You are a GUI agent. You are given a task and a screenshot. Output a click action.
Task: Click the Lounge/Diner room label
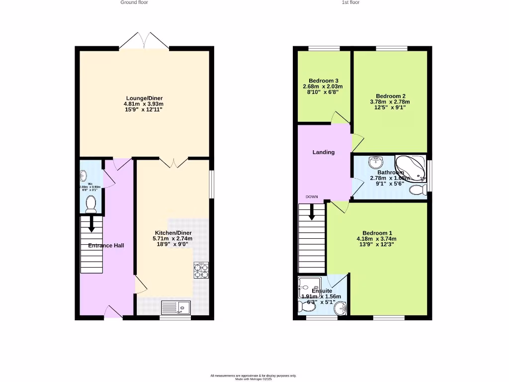click(x=144, y=98)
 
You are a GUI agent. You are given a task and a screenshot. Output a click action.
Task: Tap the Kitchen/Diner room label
click(x=172, y=233)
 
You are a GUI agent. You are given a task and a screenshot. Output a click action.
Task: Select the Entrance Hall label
click(x=106, y=246)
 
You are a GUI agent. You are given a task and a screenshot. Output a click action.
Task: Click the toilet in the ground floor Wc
click(x=90, y=204)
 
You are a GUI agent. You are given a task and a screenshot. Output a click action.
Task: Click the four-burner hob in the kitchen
click(x=201, y=270)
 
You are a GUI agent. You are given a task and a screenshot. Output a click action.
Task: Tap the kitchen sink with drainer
click(x=176, y=307)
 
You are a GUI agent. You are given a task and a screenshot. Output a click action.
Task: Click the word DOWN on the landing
click(x=312, y=197)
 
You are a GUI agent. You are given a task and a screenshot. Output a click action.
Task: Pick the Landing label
click(x=323, y=152)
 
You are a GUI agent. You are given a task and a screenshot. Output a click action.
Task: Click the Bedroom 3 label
click(x=323, y=81)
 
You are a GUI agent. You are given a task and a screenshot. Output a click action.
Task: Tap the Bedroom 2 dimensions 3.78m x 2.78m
click(x=390, y=102)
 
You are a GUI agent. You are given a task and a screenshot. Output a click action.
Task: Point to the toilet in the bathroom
click(x=417, y=190)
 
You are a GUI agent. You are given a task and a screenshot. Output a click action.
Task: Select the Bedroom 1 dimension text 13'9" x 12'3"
click(x=376, y=245)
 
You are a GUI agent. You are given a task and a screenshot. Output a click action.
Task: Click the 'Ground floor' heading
click(x=134, y=2)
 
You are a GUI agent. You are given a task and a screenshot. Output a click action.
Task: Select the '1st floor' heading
click(x=350, y=2)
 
